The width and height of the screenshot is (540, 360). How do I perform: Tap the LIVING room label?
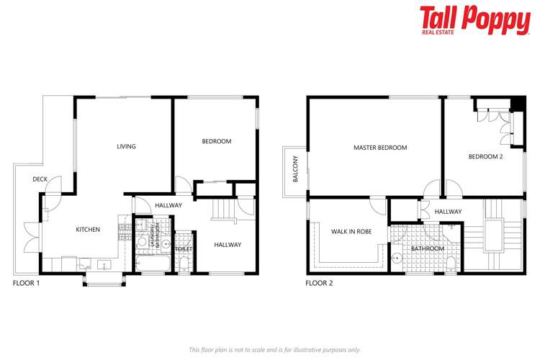(x=127, y=146)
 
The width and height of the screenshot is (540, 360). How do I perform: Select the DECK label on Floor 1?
(x=40, y=179)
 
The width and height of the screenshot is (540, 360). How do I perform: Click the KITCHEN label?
(x=88, y=230)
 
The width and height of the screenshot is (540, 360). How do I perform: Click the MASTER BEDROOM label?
(x=380, y=148)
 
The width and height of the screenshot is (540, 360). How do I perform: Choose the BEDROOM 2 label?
(x=485, y=156)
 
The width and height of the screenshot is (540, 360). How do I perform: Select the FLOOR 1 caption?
(x=27, y=284)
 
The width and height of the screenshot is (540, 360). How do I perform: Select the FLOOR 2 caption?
(x=319, y=284)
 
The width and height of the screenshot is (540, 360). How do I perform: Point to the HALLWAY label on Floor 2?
(x=448, y=212)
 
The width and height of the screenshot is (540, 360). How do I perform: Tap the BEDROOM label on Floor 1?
(x=216, y=141)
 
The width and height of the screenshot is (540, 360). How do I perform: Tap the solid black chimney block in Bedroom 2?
(x=516, y=103)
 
